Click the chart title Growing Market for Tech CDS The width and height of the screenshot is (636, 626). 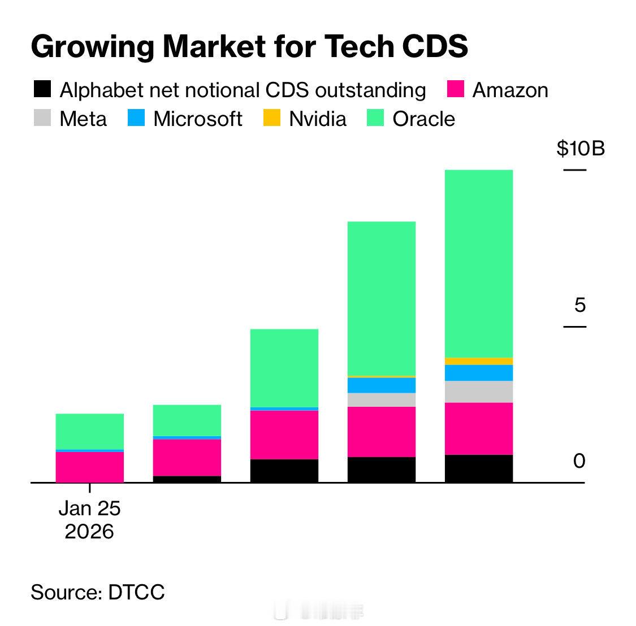coord(249,47)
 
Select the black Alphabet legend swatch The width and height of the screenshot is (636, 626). coord(42,89)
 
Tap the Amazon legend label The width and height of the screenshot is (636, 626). coord(510,90)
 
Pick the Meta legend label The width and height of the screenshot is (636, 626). coord(83,119)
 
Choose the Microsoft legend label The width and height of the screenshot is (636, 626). coord(197,119)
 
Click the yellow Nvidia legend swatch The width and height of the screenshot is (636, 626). coord(272,118)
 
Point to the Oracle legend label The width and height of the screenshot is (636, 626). coord(423,119)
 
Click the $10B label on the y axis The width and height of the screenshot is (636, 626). coord(580,149)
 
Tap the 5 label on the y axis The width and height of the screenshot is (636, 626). coord(580,306)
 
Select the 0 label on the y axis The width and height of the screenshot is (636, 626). coord(579,461)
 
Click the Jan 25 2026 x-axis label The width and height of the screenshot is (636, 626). coord(89,520)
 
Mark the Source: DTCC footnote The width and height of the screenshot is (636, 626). coord(98,592)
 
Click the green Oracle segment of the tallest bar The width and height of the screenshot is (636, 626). coord(479,263)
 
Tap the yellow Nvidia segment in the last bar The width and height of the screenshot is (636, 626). coord(479,361)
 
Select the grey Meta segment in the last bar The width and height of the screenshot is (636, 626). coord(479,392)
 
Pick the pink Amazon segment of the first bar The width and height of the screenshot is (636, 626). coord(90,467)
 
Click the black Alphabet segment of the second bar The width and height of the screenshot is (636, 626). coord(187,479)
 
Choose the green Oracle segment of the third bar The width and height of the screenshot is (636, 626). coord(284,367)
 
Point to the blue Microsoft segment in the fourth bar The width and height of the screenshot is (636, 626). coord(382,385)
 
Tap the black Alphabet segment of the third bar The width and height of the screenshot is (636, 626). coord(284,471)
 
